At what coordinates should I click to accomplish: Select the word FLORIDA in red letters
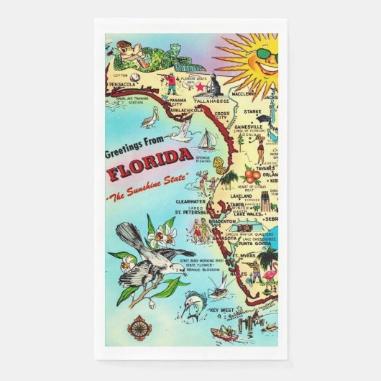click(150, 174)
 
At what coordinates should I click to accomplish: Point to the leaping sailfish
click(178, 303)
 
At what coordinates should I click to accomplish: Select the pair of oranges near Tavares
click(252, 175)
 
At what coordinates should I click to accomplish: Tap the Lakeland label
click(242, 195)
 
